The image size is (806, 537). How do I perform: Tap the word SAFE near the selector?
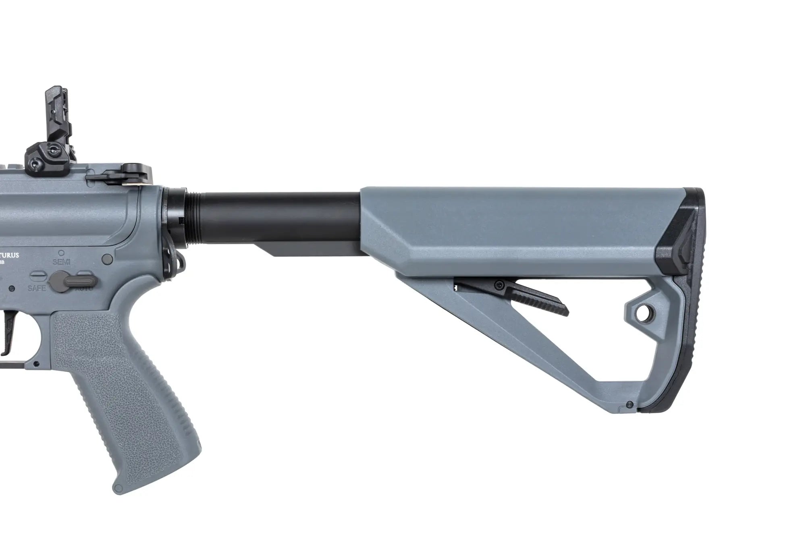[36, 288]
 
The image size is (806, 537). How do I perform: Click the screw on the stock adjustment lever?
[501, 285]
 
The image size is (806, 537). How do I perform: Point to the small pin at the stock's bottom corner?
[629, 405]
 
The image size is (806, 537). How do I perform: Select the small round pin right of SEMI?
[108, 257]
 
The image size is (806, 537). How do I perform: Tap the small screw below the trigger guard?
[37, 364]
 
